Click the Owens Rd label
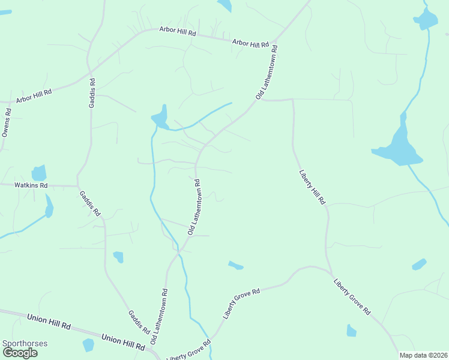coord(7,122)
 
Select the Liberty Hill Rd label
coord(312,187)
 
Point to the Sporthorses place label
coord(25,344)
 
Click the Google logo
coord(20,353)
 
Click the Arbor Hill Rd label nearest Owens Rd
coord(34,96)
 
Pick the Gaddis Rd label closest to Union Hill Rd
coord(139,322)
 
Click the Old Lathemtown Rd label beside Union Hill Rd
coord(160,316)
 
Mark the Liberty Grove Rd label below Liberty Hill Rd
coord(352,297)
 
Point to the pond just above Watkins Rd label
coord(39,173)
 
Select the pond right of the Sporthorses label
coord(89,345)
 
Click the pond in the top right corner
coord(426,19)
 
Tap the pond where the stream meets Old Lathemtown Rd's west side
coord(160,117)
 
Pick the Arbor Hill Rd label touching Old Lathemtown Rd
coord(250,43)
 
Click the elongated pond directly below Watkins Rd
coord(49,207)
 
